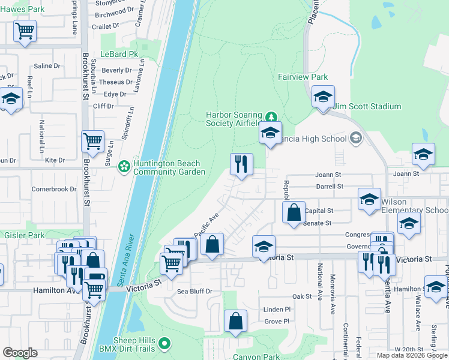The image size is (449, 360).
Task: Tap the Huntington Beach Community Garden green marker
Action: click(124, 166)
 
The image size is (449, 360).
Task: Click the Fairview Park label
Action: click(303, 77)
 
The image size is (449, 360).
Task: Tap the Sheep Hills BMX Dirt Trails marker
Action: click(165, 344)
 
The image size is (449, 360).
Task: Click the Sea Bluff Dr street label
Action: click(194, 292)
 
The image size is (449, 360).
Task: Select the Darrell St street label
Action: click(330, 187)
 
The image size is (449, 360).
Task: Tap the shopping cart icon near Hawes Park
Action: click(25, 31)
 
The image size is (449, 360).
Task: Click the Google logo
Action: click(20, 353)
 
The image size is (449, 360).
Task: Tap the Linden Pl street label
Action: click(277, 309)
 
